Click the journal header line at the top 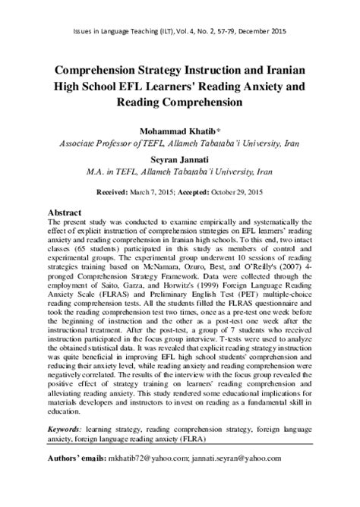pyautogui.click(x=180, y=34)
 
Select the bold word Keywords pyautogui.click(x=71, y=428)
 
